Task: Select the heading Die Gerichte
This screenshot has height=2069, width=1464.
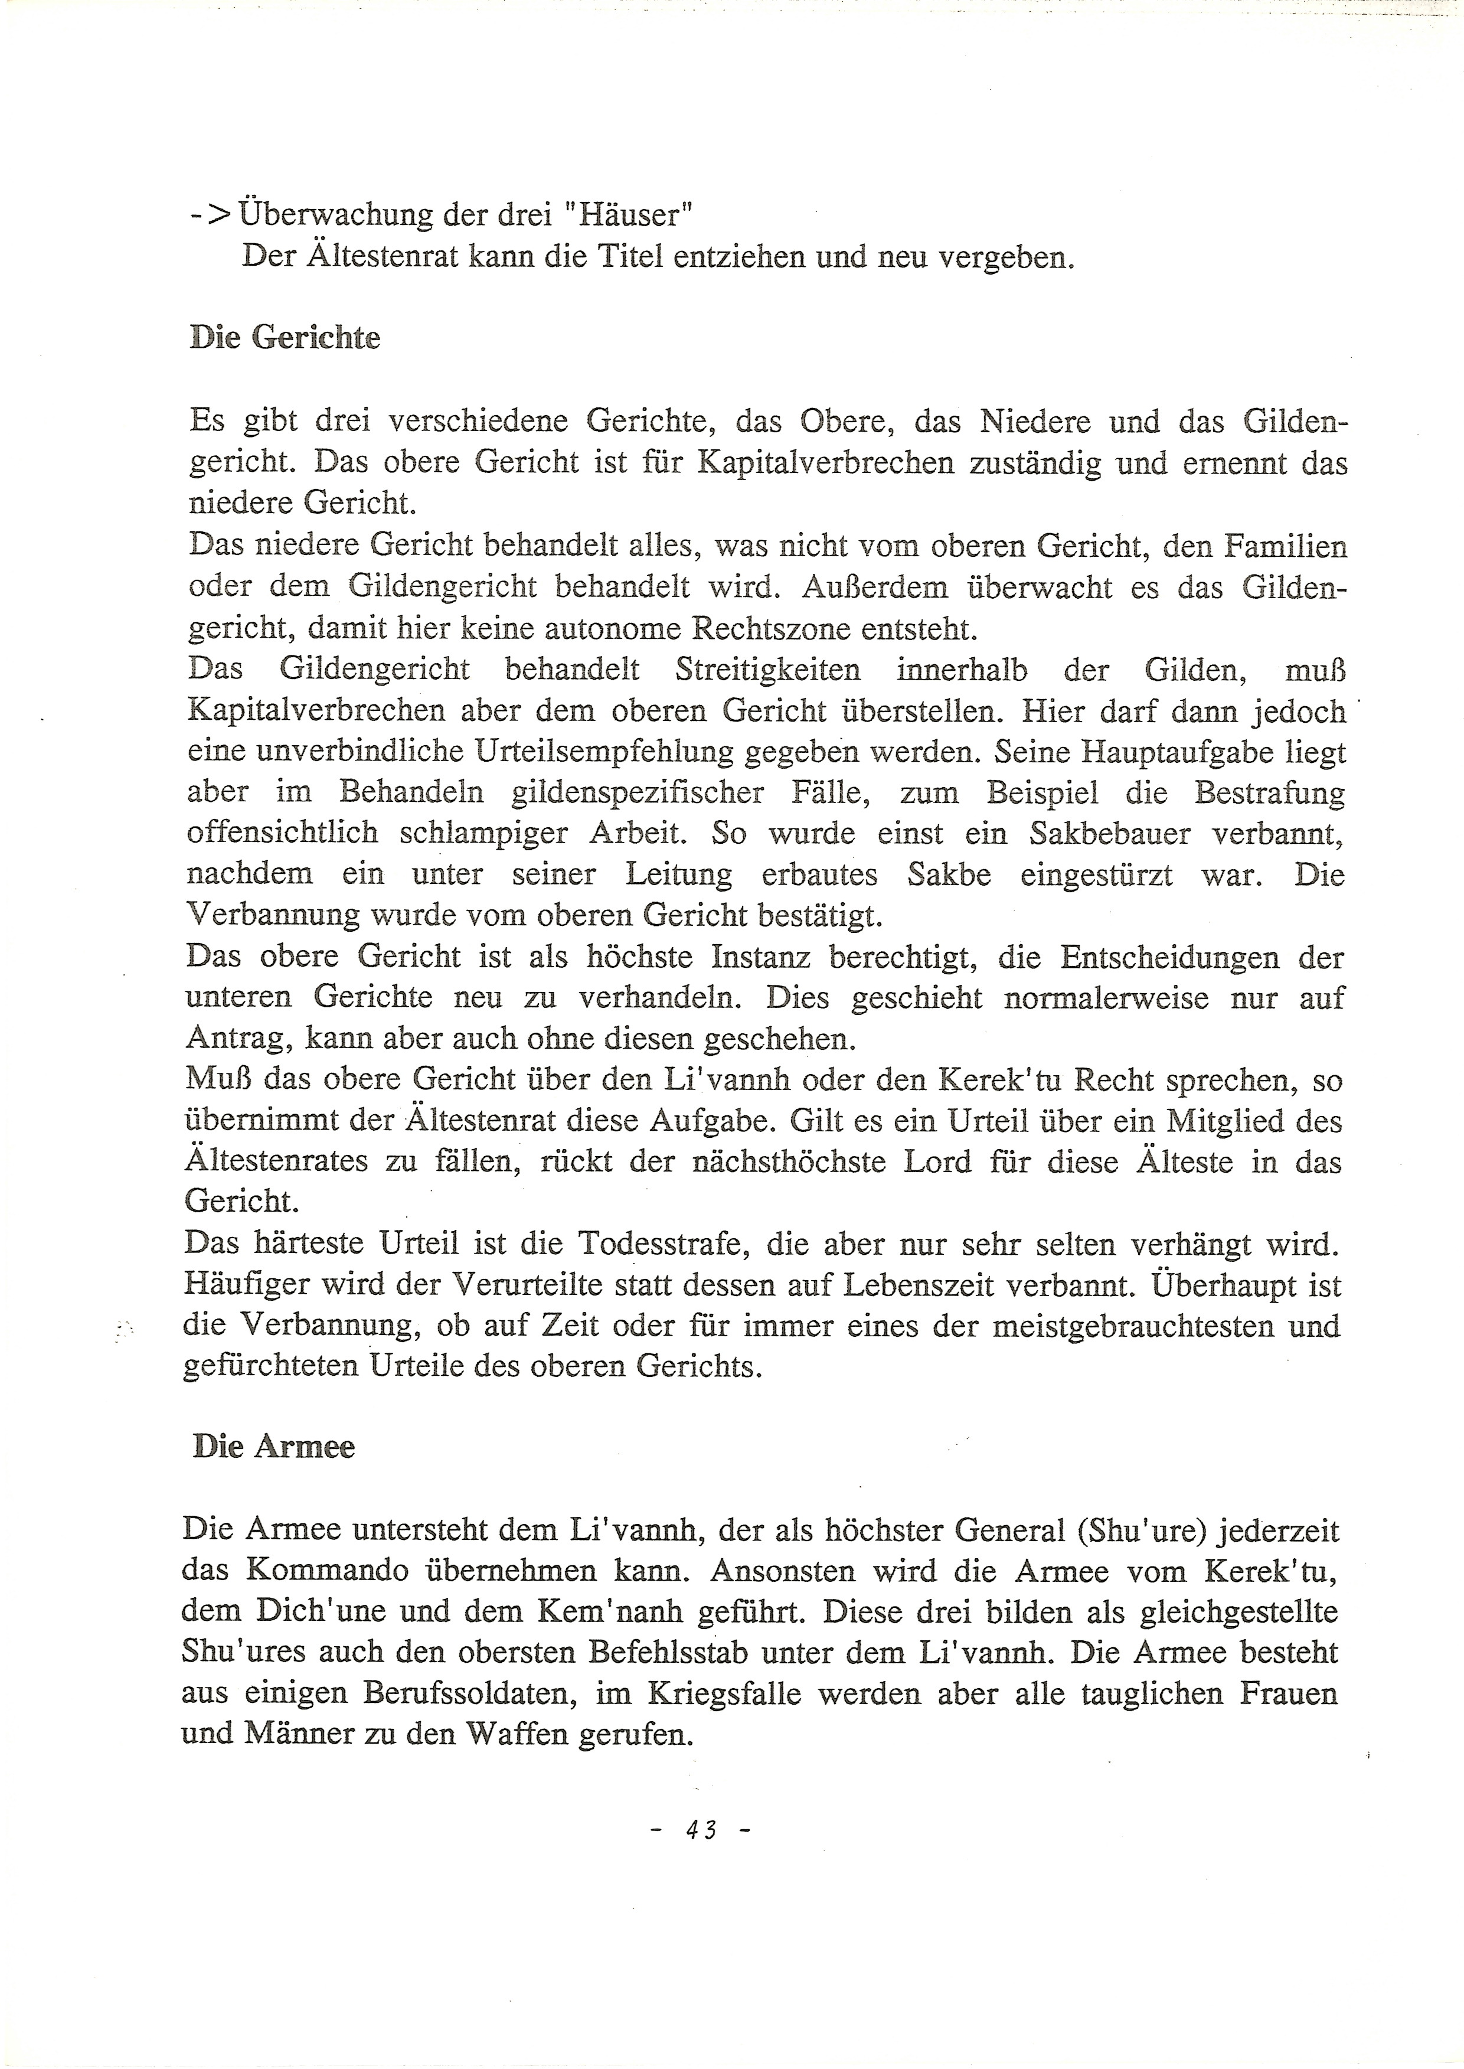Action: [x=285, y=338]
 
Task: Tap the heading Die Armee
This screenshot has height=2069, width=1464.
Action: [x=273, y=1446]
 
